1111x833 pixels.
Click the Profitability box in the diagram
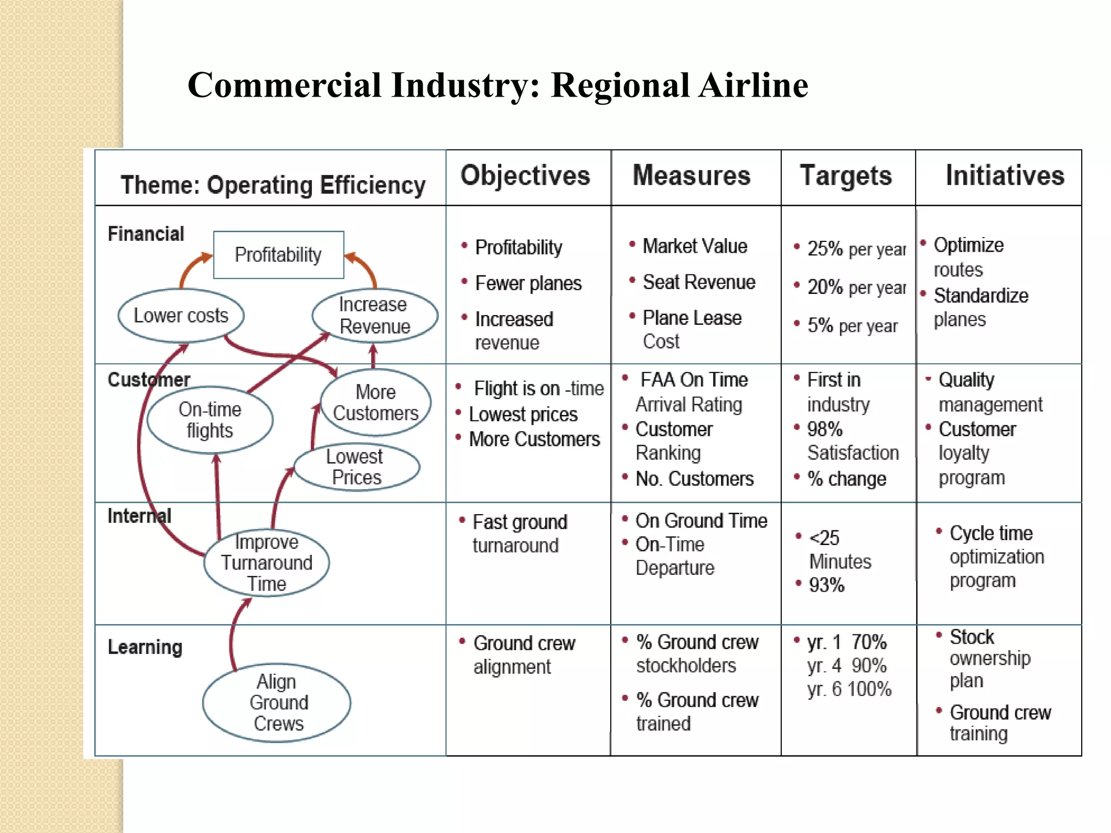click(x=278, y=255)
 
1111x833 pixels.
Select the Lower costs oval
click(x=181, y=316)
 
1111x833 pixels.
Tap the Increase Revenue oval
click(x=374, y=316)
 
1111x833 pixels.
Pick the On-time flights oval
click(x=210, y=420)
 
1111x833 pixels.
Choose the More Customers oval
click(x=375, y=402)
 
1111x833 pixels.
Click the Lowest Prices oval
click(x=356, y=467)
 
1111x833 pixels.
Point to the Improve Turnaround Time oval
click(x=266, y=563)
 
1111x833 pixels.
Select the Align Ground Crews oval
click(x=277, y=702)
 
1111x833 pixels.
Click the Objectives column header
click(x=525, y=176)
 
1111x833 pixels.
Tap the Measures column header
click(x=692, y=176)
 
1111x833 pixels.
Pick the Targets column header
click(x=846, y=176)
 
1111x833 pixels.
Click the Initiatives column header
click(x=1005, y=176)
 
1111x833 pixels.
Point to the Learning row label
click(x=145, y=647)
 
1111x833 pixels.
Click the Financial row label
click(x=146, y=234)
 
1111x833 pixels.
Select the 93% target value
click(x=826, y=585)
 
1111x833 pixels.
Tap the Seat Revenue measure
click(x=699, y=282)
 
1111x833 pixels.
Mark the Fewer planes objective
click(x=528, y=283)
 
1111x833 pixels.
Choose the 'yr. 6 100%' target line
click(x=849, y=689)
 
